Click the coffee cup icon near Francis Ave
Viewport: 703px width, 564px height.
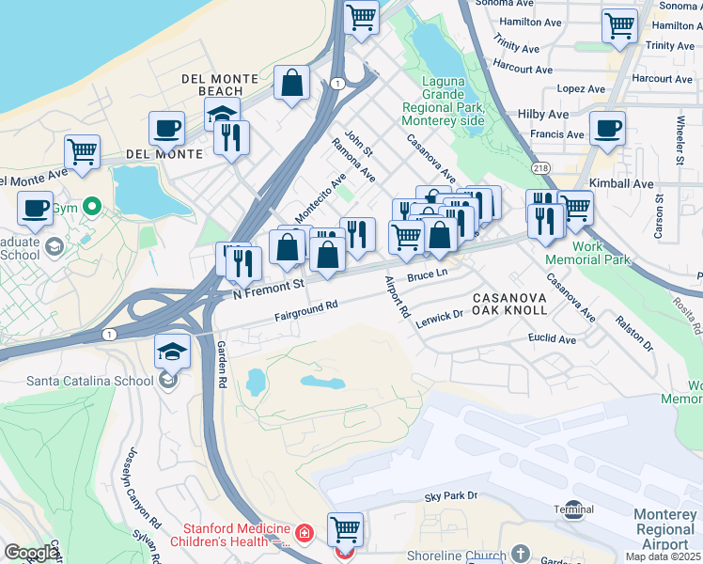click(x=607, y=129)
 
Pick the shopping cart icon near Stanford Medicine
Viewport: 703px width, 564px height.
click(x=345, y=529)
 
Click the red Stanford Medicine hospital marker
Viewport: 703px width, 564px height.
click(x=304, y=534)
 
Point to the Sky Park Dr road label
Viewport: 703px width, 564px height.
click(x=451, y=495)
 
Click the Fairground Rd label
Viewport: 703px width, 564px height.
click(x=306, y=309)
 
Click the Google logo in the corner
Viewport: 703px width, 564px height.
click(x=31, y=553)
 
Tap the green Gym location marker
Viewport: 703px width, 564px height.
click(x=91, y=206)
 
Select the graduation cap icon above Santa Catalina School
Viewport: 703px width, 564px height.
click(x=173, y=352)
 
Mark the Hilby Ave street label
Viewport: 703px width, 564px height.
click(x=543, y=114)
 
